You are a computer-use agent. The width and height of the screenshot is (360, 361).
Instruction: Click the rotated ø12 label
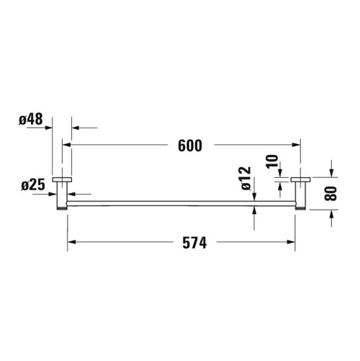click(x=245, y=177)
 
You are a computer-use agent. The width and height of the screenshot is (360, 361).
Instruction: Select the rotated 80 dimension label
click(x=332, y=193)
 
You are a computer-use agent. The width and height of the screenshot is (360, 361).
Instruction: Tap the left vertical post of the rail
click(x=63, y=194)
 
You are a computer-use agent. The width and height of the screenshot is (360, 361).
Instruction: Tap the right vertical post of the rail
click(x=300, y=194)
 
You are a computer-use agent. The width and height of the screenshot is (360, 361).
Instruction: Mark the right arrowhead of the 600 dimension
click(x=296, y=145)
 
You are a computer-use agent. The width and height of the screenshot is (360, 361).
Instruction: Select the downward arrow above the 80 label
click(x=332, y=171)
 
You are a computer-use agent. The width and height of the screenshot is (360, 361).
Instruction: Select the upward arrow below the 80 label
click(x=332, y=214)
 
